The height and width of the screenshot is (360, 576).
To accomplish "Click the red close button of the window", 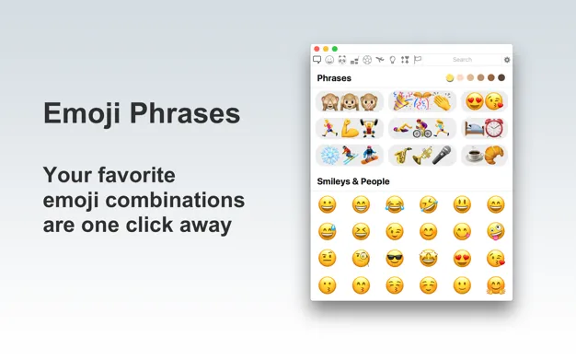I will coord(317,49).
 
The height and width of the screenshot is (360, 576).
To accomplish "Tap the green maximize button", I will coord(335,49).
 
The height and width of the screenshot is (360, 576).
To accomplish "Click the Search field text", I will coord(462,60).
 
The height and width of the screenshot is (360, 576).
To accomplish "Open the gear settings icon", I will coord(507,60).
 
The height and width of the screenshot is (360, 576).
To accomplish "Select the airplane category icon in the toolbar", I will coord(379,60).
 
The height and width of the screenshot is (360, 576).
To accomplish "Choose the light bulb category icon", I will coord(392,60).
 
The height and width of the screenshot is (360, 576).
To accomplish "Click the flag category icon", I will coord(417,60).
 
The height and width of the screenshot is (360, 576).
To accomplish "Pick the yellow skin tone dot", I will coord(450,78).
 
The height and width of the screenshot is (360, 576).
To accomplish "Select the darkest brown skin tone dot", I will coord(501,78).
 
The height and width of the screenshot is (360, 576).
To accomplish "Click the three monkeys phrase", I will coord(349,102).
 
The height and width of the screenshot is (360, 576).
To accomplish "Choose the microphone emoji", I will coord(442,155).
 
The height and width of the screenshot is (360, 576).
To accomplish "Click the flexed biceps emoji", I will coord(349,129).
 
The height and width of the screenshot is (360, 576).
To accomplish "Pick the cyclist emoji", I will coord(422,129).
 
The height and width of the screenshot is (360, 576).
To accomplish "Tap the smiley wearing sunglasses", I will coord(395,259).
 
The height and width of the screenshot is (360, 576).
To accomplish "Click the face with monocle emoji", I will coord(361,259).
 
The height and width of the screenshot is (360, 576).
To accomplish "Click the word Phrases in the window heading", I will coord(334,78).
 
